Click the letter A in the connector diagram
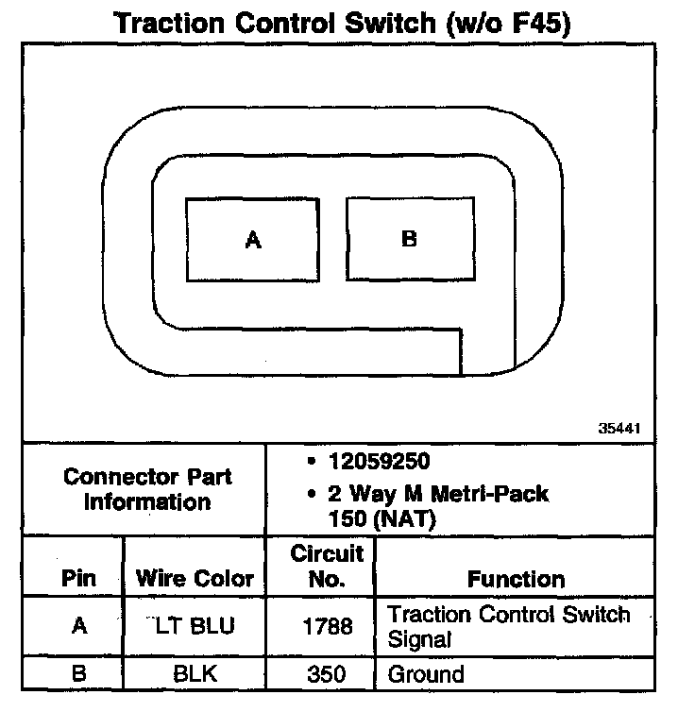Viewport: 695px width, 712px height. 252,241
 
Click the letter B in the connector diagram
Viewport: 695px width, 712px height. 409,239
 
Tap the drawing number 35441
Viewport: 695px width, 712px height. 621,428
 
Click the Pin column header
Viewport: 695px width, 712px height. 78,578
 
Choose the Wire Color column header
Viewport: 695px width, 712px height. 195,578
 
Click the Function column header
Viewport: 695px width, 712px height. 517,579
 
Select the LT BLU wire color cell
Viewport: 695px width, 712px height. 195,626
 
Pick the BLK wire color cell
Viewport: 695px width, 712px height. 195,674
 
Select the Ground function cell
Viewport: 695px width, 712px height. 426,674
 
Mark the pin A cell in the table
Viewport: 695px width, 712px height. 79,626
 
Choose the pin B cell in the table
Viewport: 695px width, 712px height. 79,674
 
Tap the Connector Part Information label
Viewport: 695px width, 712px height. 147,488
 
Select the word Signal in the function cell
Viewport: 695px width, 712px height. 419,639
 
